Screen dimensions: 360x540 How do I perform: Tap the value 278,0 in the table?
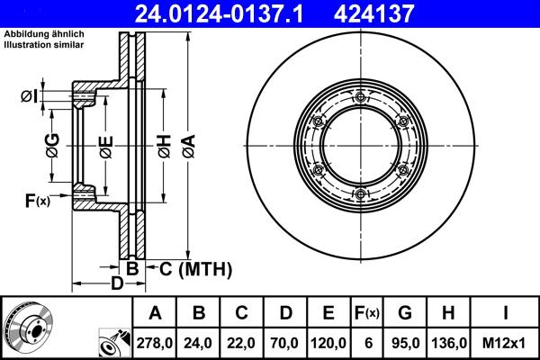tap(156, 342)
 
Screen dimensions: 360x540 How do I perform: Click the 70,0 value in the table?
tap(285, 342)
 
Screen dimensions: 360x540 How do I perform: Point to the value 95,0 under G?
tap(404, 342)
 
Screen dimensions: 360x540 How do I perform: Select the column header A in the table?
tap(156, 313)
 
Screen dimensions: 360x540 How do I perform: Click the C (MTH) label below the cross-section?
tap(191, 268)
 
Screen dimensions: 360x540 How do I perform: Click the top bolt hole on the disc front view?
tap(359, 98)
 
